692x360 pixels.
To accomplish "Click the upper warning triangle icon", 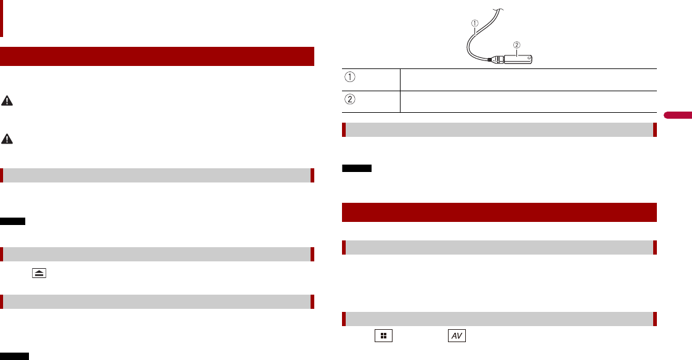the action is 7,101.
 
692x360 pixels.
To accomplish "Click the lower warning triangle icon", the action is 7,139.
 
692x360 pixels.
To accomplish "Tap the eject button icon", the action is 39,274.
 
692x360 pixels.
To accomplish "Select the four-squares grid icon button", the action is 383,336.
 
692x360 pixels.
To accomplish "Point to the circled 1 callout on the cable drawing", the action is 475,23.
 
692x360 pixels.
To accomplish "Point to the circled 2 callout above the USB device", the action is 517,45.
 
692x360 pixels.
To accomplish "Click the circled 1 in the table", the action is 349,77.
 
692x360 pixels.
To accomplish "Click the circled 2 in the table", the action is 349,99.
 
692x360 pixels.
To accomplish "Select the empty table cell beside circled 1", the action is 528,80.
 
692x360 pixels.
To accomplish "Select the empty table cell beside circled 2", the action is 528,102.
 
